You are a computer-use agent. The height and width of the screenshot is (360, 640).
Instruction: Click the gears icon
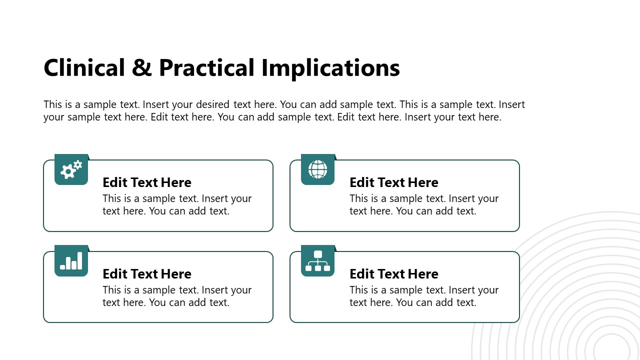tap(71, 169)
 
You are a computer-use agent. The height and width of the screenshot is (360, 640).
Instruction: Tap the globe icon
tap(317, 169)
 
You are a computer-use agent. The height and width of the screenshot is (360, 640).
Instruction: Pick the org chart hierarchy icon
tap(317, 261)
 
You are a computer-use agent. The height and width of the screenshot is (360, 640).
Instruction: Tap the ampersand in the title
tap(142, 68)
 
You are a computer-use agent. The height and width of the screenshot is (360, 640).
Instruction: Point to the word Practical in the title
tap(206, 68)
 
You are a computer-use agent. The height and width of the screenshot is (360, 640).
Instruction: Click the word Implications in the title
tap(330, 68)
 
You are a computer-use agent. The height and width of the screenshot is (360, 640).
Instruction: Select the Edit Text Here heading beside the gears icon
tap(147, 182)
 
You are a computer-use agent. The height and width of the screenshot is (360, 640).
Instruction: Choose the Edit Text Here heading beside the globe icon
tap(394, 182)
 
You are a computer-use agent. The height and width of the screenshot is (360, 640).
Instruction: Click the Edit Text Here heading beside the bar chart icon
tap(147, 274)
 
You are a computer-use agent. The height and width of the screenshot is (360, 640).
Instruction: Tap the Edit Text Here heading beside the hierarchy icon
tap(394, 274)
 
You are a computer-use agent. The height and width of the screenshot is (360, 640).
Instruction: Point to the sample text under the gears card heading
tap(176, 204)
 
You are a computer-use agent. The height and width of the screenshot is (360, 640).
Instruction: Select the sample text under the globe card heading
tap(423, 204)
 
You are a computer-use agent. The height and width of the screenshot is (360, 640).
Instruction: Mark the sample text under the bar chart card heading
tap(176, 296)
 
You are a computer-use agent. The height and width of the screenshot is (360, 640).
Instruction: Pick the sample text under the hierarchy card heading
tap(423, 296)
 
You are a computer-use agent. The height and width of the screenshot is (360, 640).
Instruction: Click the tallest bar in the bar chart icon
tap(79, 260)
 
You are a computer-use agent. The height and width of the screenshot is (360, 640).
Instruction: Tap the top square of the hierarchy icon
tap(317, 254)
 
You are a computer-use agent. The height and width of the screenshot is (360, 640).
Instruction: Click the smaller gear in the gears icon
tap(77, 164)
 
